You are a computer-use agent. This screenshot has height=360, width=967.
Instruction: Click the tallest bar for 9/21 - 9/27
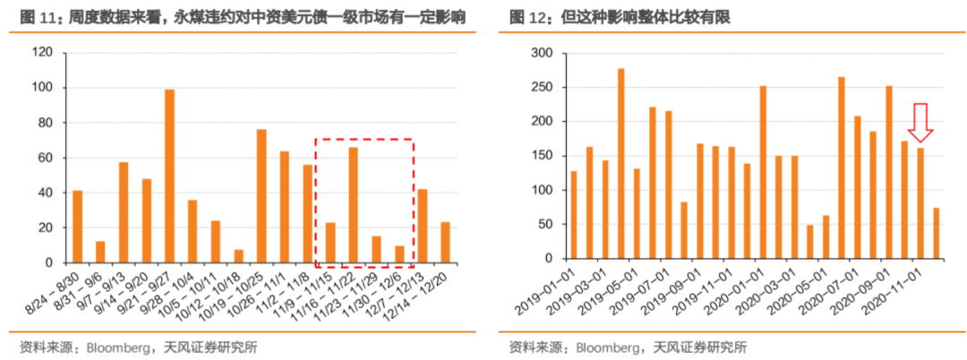click(x=169, y=176)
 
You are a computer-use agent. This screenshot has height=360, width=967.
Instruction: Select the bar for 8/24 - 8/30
click(x=78, y=227)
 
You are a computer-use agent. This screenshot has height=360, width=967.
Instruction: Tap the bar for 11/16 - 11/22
click(x=353, y=205)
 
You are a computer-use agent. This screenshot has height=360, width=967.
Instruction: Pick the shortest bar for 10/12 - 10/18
click(x=238, y=257)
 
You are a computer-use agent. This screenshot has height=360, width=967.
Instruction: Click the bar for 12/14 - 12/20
click(x=445, y=243)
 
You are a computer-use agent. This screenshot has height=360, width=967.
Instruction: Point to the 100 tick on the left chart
click(x=42, y=88)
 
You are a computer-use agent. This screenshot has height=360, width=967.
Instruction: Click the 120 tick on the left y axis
click(x=42, y=53)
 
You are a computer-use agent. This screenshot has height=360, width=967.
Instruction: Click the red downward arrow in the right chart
click(x=920, y=123)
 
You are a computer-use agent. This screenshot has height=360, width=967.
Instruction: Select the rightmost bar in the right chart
click(x=936, y=236)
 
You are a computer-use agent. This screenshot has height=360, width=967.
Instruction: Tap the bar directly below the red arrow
click(x=920, y=205)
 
